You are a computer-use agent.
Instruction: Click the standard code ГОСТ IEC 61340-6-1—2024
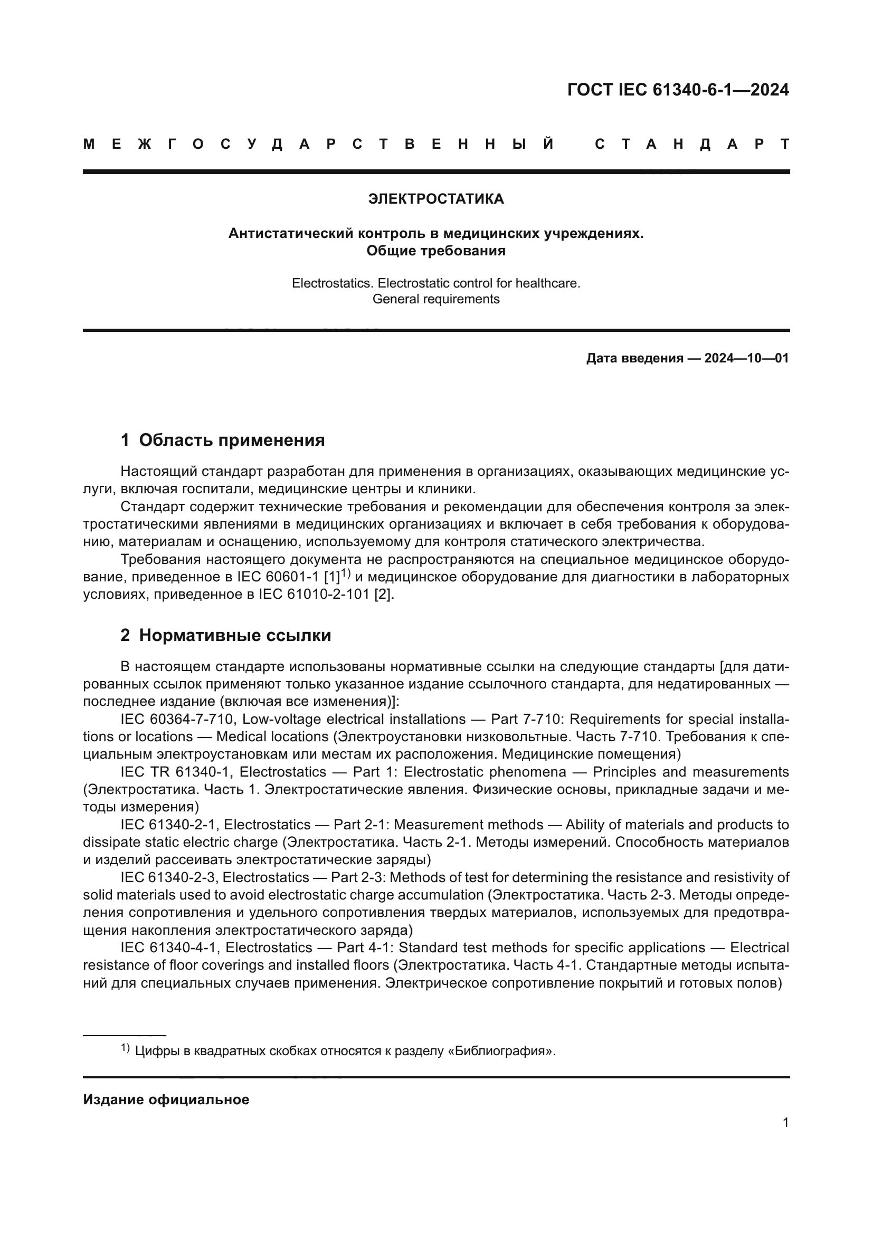point(678,90)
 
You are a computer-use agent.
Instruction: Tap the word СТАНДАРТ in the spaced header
point(692,144)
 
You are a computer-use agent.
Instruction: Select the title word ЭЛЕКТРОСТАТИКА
point(436,199)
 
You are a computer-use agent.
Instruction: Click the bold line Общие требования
point(436,251)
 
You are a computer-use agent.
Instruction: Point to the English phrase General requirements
point(436,299)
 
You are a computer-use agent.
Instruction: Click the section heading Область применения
point(232,440)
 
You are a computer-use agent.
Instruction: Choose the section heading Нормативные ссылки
point(235,635)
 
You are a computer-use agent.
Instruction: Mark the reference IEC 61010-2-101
point(314,595)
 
